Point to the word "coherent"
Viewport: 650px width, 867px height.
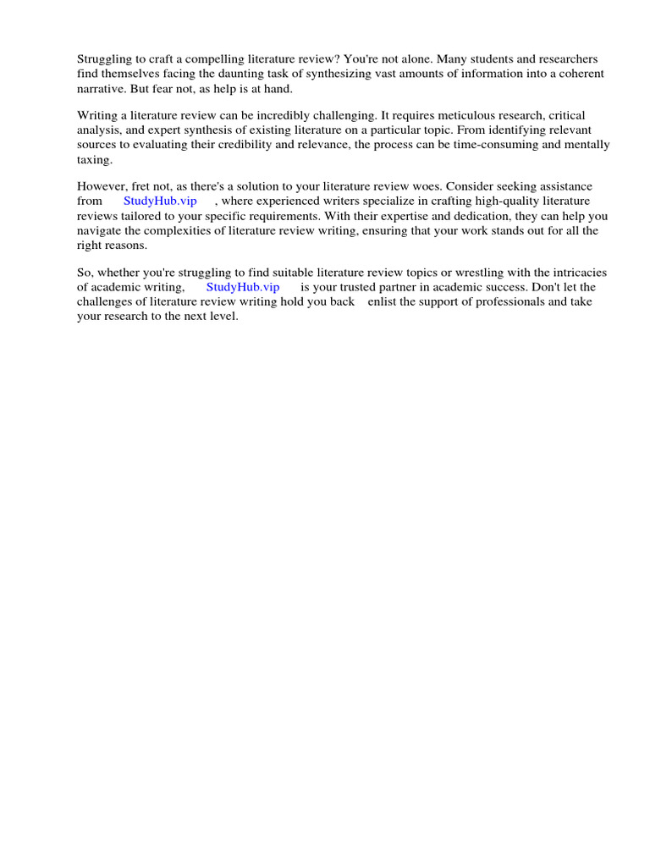click(x=578, y=74)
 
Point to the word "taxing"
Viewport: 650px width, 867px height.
click(x=94, y=159)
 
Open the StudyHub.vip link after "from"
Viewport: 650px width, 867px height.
click(x=160, y=201)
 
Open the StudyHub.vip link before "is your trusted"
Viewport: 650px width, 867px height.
click(x=243, y=287)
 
